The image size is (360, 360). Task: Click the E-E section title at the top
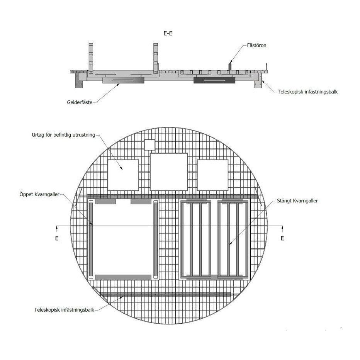[168, 33]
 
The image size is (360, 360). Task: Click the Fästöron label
[256, 45]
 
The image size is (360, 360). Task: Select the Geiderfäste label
[80, 102]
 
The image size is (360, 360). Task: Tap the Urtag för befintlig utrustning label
[63, 135]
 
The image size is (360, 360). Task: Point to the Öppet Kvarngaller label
[39, 194]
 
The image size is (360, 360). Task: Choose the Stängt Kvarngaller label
[297, 200]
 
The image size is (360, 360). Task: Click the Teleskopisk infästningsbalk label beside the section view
[307, 92]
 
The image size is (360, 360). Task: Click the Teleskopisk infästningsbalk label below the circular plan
[64, 310]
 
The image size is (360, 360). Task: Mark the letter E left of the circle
[57, 238]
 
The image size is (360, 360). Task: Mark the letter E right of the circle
[282, 238]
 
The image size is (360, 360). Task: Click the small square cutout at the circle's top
[149, 144]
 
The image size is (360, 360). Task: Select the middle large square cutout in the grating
[169, 172]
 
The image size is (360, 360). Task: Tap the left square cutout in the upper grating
[123, 175]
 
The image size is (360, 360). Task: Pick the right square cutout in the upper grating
[212, 175]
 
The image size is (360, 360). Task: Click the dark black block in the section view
[214, 80]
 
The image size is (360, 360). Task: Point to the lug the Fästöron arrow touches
[230, 66]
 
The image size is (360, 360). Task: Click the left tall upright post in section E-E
[91, 58]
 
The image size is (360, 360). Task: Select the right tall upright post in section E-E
[156, 58]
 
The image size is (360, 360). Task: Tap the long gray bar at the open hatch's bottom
[123, 277]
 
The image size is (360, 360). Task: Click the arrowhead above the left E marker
[57, 228]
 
